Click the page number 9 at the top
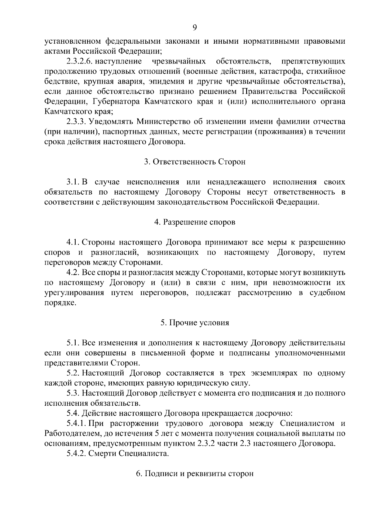(194, 28)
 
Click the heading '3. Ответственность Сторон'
(195, 162)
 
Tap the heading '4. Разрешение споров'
(195, 222)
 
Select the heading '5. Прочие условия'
(195, 323)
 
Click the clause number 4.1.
(73, 242)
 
